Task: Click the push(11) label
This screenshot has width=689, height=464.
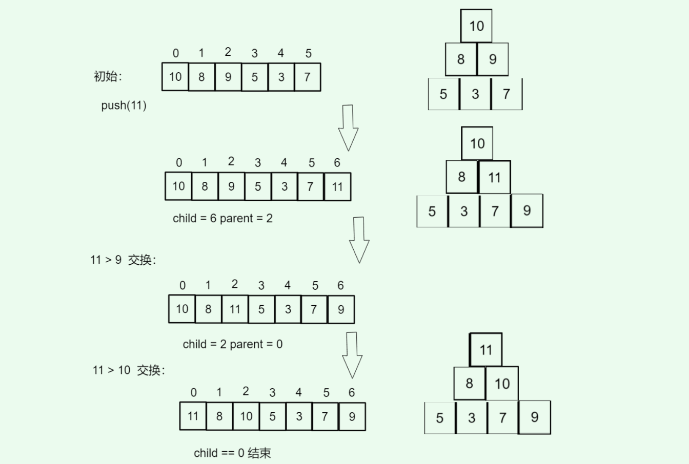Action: pos(124,106)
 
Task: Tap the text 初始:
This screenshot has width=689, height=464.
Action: pos(108,76)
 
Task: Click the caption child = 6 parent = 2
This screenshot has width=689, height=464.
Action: pos(222,219)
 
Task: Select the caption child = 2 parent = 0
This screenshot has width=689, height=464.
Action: pos(232,344)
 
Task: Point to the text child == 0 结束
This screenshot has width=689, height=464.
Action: pos(232,453)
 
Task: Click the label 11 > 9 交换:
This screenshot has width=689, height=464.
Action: pos(123,260)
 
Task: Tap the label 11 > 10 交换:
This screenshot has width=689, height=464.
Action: pos(129,370)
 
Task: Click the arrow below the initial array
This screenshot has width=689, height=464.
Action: pos(348,128)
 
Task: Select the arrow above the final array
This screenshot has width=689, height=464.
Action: pos(352,355)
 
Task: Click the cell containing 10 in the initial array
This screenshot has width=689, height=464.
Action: pos(175,77)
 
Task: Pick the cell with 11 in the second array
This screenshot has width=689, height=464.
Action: pos(337,186)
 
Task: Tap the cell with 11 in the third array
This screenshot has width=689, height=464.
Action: pos(235,309)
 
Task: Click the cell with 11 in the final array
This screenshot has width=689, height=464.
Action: pos(193,416)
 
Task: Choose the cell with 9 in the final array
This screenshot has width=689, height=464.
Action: pos(352,416)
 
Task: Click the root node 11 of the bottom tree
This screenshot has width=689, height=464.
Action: pos(485,350)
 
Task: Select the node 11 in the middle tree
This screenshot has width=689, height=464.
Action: pos(494,177)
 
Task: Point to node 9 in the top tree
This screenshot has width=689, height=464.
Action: pos(493,59)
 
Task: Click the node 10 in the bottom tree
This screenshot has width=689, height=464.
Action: pos(502,383)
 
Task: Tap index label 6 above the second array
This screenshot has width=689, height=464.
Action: pos(337,162)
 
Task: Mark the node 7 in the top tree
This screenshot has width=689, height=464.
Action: pos(506,94)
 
